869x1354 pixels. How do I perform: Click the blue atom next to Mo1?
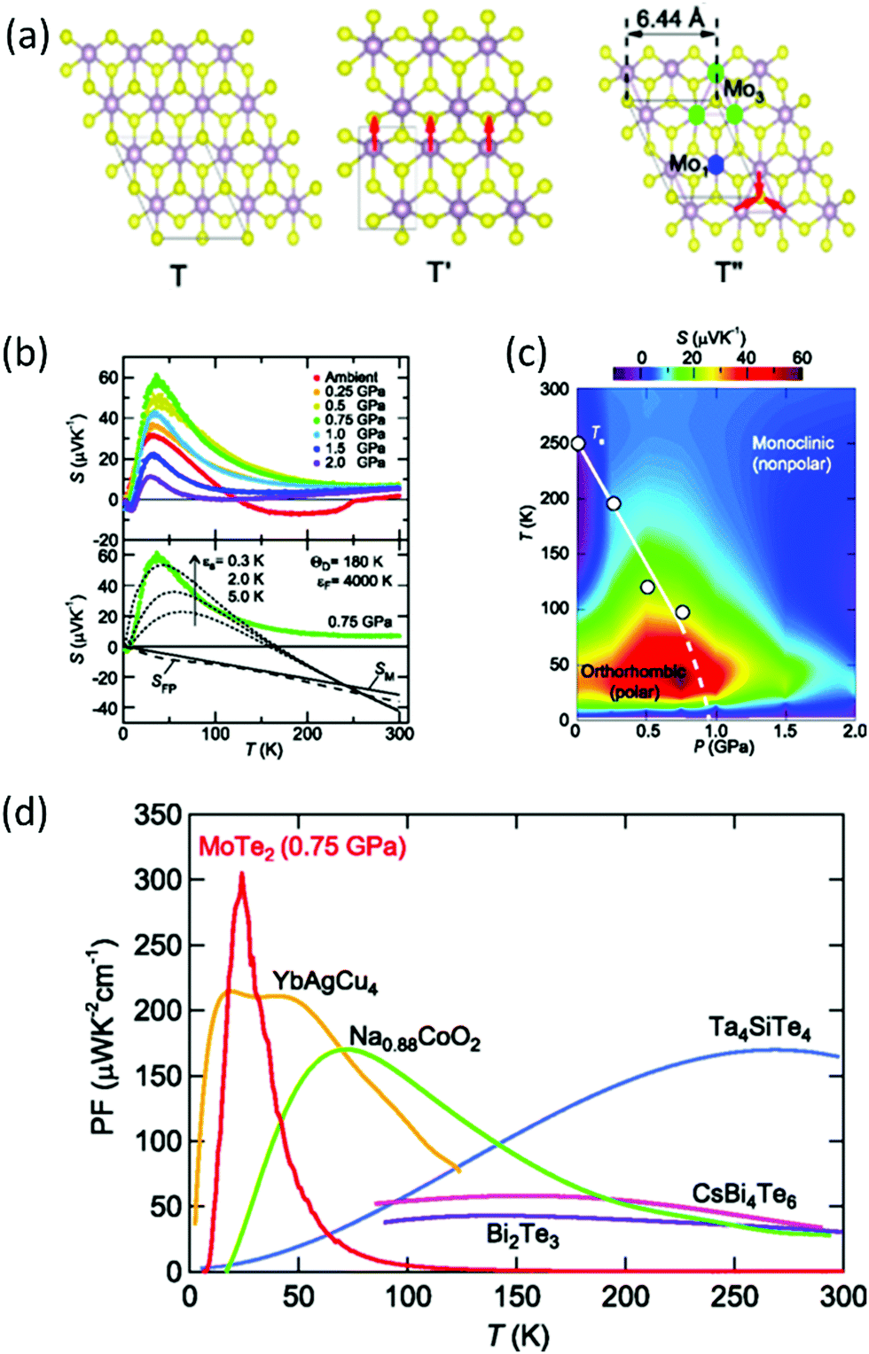(716, 165)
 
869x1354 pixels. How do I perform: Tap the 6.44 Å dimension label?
(671, 19)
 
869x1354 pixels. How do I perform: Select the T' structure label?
(439, 271)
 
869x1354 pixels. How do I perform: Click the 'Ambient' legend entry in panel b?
(350, 377)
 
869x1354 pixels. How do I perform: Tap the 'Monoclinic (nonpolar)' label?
(792, 453)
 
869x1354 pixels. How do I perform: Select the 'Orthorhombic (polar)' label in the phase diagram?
(633, 681)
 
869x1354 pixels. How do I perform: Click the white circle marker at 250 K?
(578, 443)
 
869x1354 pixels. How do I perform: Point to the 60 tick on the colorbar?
(802, 358)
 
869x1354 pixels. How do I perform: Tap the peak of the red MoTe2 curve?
(241, 876)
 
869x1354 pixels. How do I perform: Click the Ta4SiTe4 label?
(760, 1028)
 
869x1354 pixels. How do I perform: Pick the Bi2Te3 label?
(522, 1234)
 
